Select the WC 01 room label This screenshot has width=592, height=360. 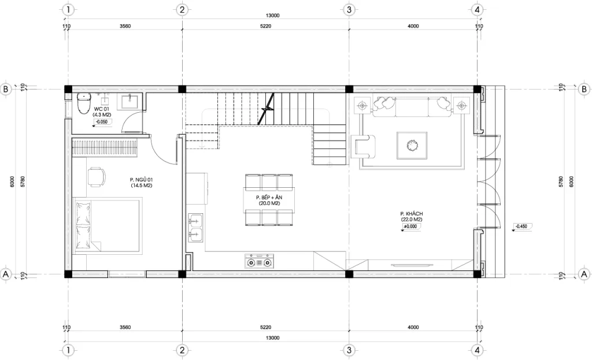click(x=102, y=112)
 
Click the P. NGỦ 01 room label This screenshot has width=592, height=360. click(x=140, y=183)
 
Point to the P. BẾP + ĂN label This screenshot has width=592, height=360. click(x=269, y=201)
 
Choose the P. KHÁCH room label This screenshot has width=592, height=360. click(x=410, y=216)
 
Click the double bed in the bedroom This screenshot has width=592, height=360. click(x=107, y=225)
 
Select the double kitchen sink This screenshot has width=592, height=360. click(x=195, y=227)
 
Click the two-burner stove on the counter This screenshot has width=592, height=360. click(x=260, y=262)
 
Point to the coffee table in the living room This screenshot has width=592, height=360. click(x=412, y=145)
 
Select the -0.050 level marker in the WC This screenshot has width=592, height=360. click(x=102, y=122)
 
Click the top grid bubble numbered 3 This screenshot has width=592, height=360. click(x=349, y=9)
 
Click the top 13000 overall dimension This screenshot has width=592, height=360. click(x=272, y=16)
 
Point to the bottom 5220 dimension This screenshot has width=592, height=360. click(x=265, y=328)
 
